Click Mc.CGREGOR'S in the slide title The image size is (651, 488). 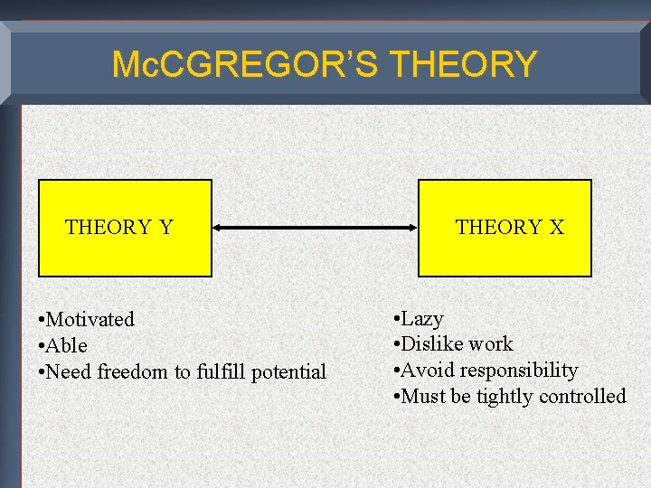click(x=247, y=64)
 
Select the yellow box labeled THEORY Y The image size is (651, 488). click(x=125, y=228)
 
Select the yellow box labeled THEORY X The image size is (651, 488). click(x=505, y=228)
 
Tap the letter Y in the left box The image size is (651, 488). click(x=165, y=227)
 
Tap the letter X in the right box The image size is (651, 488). click(x=556, y=227)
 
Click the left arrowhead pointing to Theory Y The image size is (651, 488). click(x=219, y=228)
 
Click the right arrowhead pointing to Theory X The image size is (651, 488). click(x=411, y=228)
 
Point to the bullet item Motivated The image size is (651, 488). click(x=90, y=319)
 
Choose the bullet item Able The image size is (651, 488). click(x=67, y=345)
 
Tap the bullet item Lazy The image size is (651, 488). click(x=421, y=318)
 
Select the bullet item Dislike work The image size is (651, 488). click(x=457, y=343)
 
